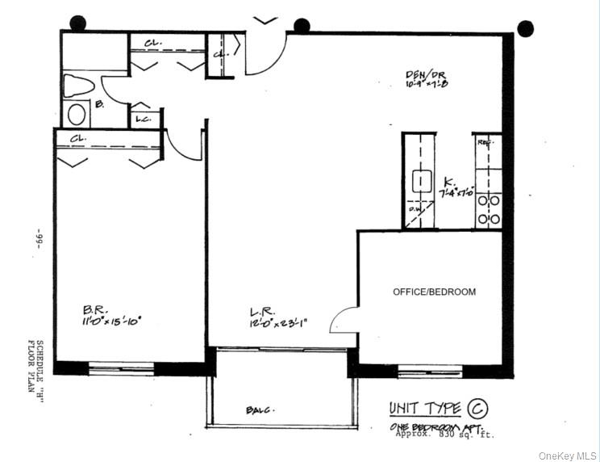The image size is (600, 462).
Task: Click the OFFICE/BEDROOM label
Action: (x=434, y=292)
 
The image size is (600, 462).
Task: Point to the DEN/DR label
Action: (x=426, y=76)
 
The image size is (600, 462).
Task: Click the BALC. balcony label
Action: (x=259, y=411)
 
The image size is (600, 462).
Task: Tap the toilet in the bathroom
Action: (x=80, y=86)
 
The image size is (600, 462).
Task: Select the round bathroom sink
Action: (x=77, y=114)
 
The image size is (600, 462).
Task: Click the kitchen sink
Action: (x=421, y=180)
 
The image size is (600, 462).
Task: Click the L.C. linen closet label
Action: (x=144, y=119)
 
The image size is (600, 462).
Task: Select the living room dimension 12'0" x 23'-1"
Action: (x=278, y=324)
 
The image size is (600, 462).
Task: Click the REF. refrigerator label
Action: (x=485, y=142)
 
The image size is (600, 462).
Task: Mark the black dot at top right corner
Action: (x=525, y=28)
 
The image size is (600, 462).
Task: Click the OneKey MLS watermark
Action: (x=567, y=454)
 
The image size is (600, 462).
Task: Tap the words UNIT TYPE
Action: (x=424, y=408)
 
